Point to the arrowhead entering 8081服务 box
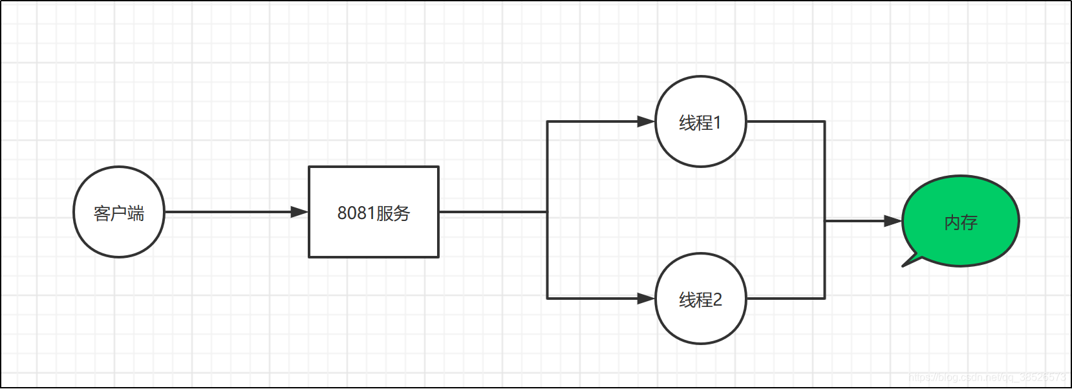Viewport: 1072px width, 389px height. (x=300, y=212)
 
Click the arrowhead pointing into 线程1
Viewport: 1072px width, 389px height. (x=646, y=121)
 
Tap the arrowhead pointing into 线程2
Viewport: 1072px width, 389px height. (x=646, y=299)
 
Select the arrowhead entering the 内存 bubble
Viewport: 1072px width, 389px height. (x=893, y=221)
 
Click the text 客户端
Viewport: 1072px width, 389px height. (x=119, y=213)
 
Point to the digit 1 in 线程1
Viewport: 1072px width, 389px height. (x=717, y=123)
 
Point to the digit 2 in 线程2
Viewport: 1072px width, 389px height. (x=717, y=300)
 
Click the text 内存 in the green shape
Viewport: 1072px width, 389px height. (x=961, y=223)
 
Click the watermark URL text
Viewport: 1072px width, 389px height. (x=987, y=377)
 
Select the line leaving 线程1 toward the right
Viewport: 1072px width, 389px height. (x=786, y=121)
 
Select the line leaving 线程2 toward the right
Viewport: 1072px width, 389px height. (x=786, y=299)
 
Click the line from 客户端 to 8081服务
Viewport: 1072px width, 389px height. (x=226, y=212)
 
